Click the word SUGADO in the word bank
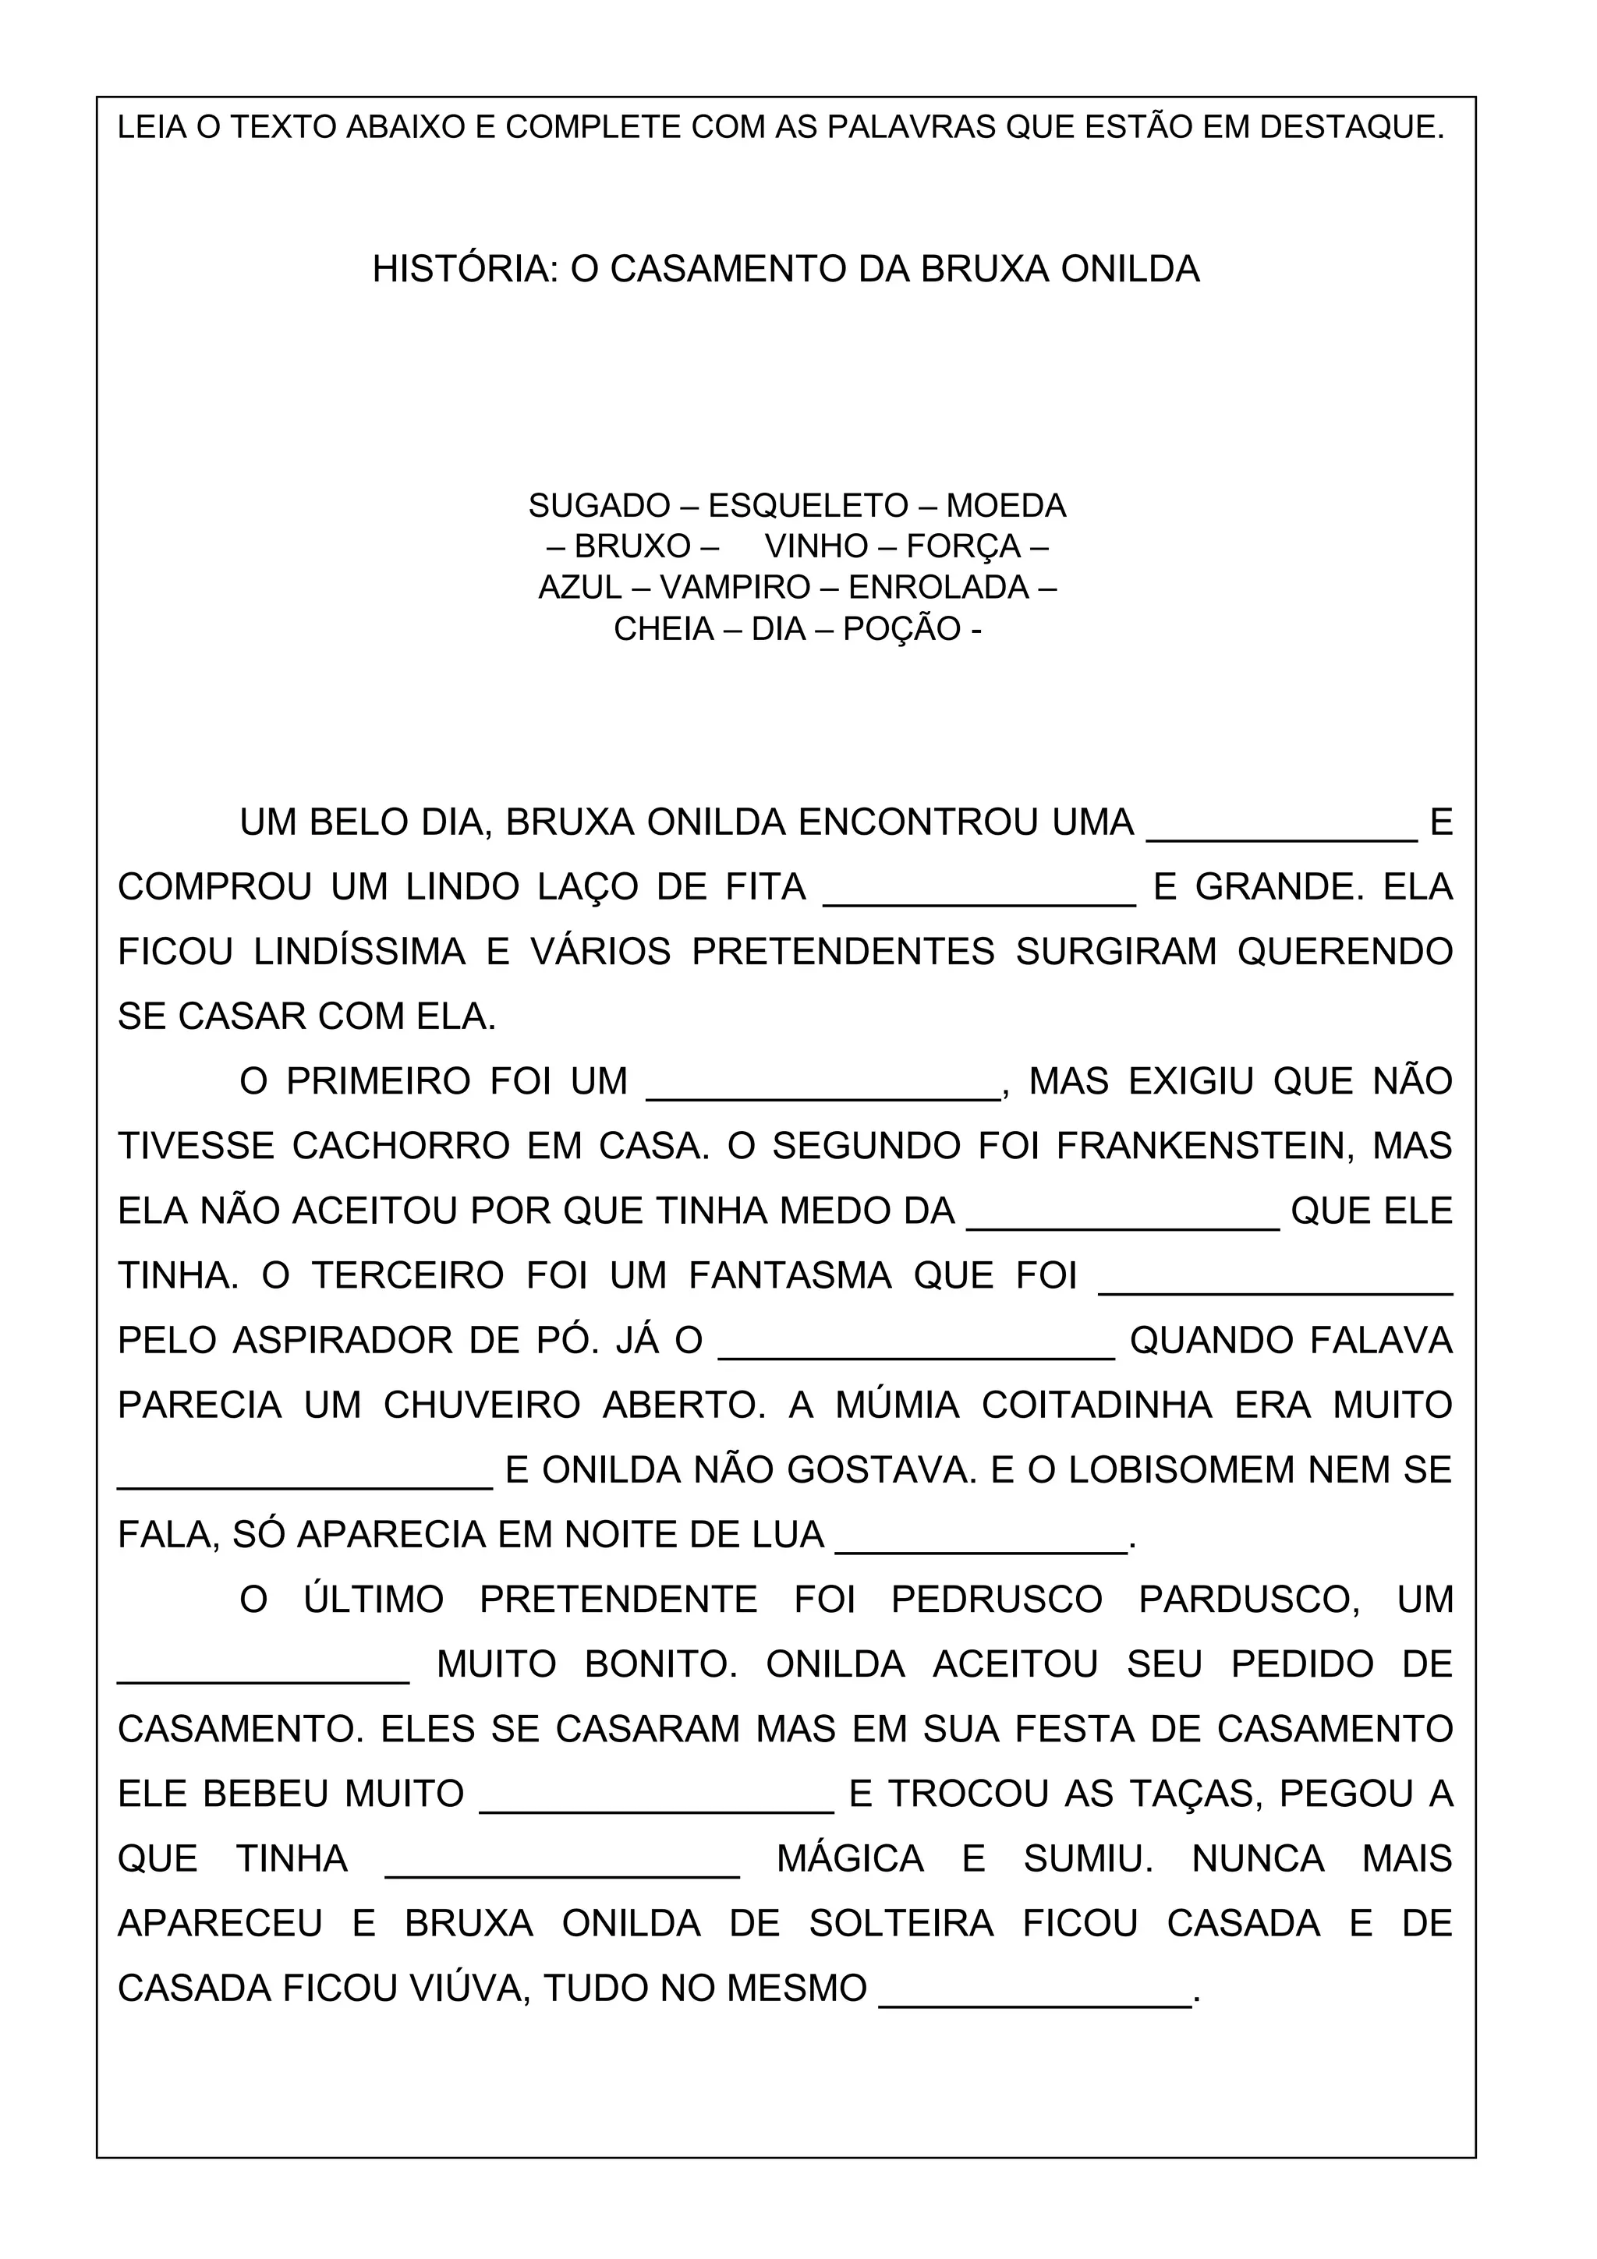599,506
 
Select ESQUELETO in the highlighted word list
808,506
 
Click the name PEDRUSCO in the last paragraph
997,1600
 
